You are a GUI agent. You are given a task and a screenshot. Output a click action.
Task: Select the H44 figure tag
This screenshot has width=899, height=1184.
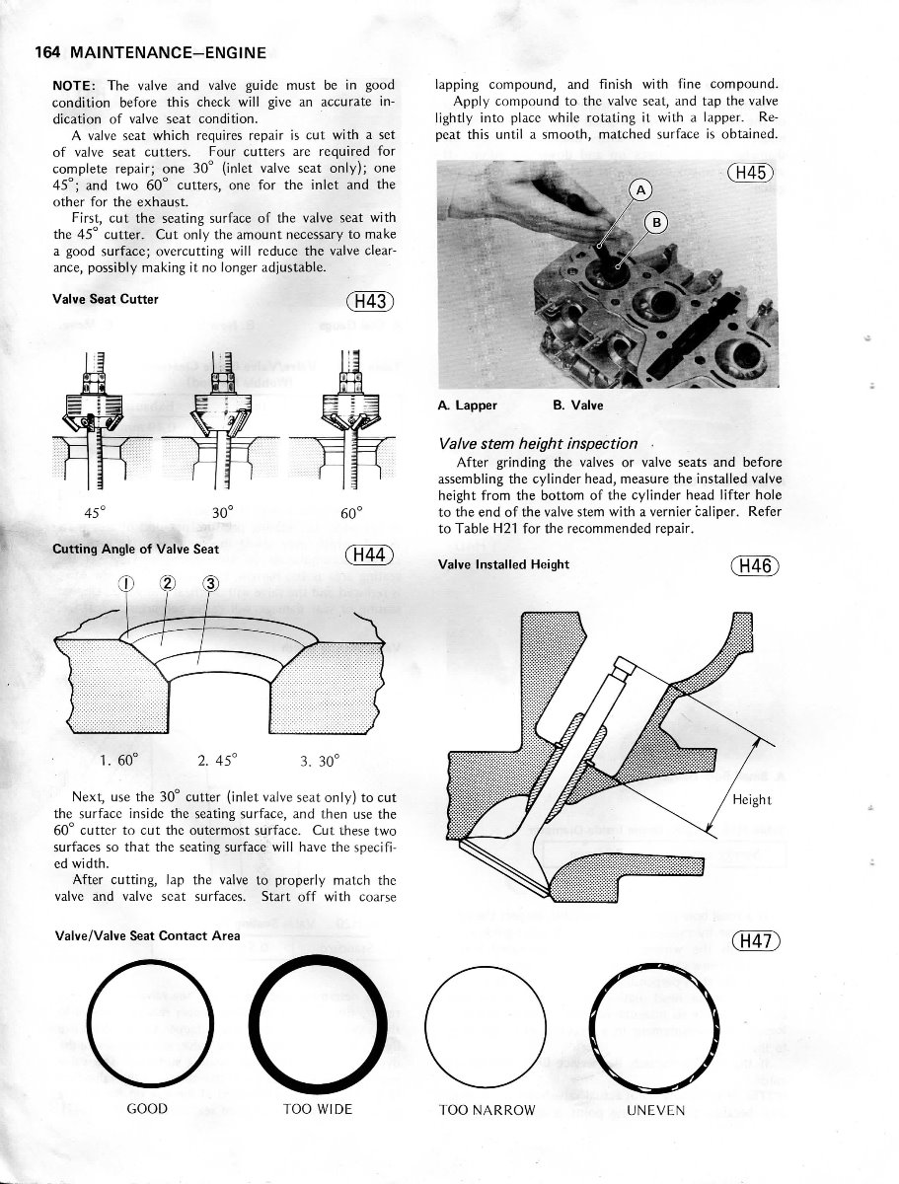coord(370,555)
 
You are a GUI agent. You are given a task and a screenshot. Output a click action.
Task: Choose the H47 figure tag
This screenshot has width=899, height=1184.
coord(756,940)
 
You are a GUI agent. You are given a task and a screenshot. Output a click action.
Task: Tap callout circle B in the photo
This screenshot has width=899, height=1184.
coord(658,223)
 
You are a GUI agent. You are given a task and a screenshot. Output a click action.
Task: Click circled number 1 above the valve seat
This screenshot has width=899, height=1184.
coord(126,583)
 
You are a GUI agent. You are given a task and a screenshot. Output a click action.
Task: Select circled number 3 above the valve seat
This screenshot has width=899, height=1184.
coord(209,583)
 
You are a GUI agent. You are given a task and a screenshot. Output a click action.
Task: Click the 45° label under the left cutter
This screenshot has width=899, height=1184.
coord(96,513)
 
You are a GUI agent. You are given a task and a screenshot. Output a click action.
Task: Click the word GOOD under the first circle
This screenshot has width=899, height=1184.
coord(148,1109)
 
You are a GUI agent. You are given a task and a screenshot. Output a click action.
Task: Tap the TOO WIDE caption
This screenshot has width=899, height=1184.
coord(317,1109)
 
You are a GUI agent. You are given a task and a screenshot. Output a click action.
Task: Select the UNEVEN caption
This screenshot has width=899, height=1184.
coord(655,1110)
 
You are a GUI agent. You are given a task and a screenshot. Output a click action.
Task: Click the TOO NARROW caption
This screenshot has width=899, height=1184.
coord(487,1110)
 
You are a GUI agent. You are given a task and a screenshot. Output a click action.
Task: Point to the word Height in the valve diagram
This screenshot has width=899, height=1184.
coord(752,800)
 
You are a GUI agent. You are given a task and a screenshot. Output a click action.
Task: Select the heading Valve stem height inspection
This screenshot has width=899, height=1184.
coord(538,444)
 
